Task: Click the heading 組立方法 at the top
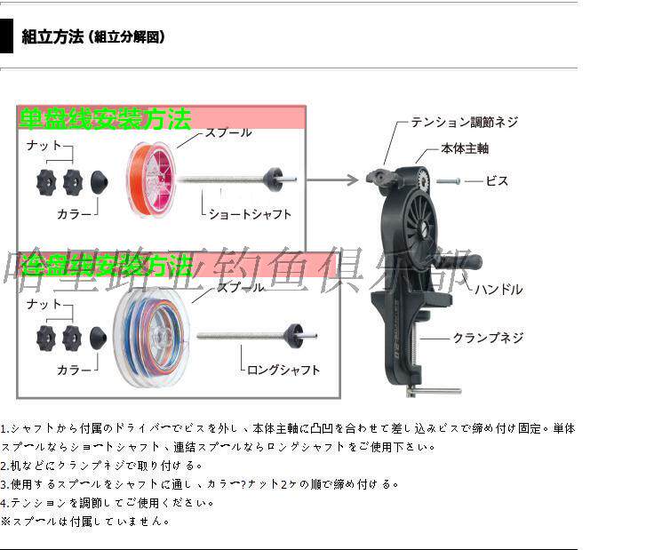click(x=52, y=37)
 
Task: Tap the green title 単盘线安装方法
click(x=105, y=119)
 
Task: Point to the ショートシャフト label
click(x=250, y=214)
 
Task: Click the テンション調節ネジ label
click(x=464, y=123)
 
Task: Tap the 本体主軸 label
click(x=465, y=149)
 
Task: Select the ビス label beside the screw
click(x=497, y=181)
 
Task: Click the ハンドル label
click(x=498, y=290)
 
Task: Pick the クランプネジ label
click(x=488, y=338)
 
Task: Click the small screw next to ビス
click(x=450, y=181)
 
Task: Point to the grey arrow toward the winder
click(x=332, y=179)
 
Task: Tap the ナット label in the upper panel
click(x=44, y=145)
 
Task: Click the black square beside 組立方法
click(x=6, y=37)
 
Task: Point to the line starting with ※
click(x=85, y=522)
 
